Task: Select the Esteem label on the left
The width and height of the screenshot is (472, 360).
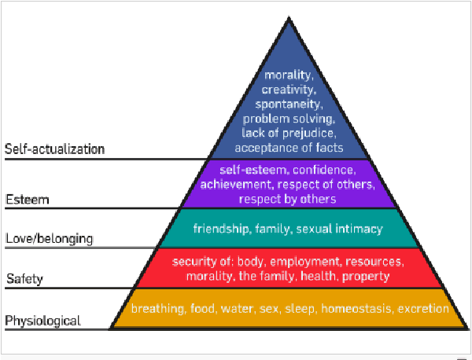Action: point(27,200)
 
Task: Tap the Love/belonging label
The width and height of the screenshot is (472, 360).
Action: point(49,238)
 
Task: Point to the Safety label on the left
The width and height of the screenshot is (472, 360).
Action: point(25,279)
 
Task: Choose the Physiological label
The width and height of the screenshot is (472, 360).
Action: point(42,320)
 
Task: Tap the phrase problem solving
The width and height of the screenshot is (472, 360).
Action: point(289,118)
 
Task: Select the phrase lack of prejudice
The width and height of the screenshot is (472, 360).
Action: point(289,131)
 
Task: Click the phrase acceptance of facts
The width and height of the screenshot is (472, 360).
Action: point(289,145)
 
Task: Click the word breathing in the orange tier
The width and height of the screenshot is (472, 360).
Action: point(157,309)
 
